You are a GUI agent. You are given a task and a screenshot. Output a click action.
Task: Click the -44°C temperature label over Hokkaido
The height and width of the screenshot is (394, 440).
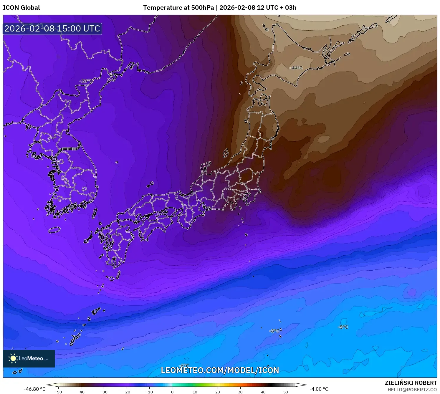coord(296,68)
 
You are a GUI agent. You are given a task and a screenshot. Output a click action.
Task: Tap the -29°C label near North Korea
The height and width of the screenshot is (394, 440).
coord(86,81)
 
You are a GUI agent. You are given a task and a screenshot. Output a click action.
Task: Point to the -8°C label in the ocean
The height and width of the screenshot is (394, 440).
coord(274,331)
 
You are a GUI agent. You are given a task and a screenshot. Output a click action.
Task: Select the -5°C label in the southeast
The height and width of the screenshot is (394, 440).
coord(343,327)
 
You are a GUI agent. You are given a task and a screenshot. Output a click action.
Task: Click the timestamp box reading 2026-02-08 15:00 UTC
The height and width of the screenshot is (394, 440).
coord(52,29)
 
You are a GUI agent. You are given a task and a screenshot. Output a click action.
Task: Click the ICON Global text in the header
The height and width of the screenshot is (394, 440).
coord(21,8)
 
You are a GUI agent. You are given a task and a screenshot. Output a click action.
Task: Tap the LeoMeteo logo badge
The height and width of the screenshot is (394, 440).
coord(29,358)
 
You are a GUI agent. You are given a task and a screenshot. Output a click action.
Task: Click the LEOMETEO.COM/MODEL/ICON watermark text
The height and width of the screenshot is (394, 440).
coord(220,370)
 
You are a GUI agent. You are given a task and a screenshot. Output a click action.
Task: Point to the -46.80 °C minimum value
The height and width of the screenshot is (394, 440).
coord(35,389)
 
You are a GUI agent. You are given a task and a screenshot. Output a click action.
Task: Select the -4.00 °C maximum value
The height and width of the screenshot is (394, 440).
coord(319,389)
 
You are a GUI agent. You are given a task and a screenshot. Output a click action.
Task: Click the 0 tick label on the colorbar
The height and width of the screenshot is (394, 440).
coord(172,392)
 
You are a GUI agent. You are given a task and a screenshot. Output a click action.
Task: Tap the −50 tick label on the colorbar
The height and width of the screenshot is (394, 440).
coord(58,392)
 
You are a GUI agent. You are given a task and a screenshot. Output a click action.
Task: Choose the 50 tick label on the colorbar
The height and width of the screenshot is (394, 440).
coord(286,392)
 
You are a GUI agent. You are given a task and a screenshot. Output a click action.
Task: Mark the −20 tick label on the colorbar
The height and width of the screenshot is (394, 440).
coord(126,392)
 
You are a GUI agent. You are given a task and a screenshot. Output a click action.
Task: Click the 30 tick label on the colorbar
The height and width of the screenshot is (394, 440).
coord(240,392)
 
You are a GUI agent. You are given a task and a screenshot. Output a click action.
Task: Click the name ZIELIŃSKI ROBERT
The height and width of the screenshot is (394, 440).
coord(411,383)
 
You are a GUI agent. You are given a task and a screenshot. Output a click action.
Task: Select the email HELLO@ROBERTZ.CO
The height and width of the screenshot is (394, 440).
coord(412,390)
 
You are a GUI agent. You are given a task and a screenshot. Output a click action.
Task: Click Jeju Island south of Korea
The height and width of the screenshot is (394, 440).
coord(54,230)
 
